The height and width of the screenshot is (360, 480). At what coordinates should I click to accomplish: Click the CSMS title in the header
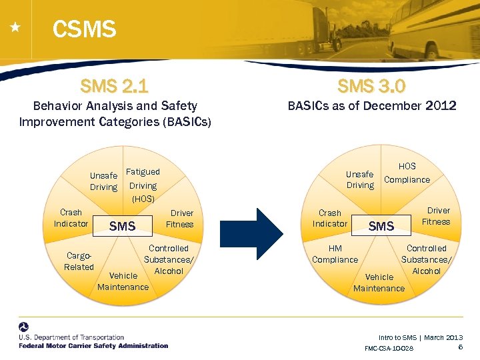click(x=84, y=29)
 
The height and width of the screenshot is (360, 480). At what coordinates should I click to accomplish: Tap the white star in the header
click(x=15, y=28)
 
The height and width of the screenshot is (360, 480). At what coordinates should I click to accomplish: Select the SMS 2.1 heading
click(x=114, y=86)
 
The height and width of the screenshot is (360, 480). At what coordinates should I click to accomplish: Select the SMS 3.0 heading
click(x=371, y=86)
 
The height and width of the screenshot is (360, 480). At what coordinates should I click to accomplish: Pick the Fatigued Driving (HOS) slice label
click(x=143, y=185)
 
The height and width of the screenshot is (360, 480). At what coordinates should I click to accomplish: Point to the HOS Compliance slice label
click(x=407, y=173)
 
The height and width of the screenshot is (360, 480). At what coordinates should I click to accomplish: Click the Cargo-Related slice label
click(x=79, y=261)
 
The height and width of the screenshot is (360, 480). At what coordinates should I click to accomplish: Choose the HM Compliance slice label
click(x=335, y=254)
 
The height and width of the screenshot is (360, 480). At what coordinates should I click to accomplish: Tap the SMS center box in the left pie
click(x=123, y=227)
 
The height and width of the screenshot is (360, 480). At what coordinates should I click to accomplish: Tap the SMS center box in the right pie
click(x=381, y=227)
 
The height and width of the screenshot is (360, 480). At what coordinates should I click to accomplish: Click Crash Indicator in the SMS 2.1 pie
click(x=71, y=218)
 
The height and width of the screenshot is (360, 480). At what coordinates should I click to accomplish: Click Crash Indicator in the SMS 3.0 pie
click(x=329, y=218)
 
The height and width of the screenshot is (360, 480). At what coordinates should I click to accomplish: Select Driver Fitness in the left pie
click(x=179, y=219)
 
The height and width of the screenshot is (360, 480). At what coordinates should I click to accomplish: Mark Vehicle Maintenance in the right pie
click(x=379, y=283)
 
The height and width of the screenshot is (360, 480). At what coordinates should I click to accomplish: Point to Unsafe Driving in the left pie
click(x=103, y=181)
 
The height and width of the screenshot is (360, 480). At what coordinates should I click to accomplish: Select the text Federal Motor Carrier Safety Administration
click(x=93, y=345)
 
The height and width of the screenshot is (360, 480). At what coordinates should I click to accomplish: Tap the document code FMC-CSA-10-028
click(x=389, y=349)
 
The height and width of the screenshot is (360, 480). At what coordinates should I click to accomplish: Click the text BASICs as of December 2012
click(x=371, y=106)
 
